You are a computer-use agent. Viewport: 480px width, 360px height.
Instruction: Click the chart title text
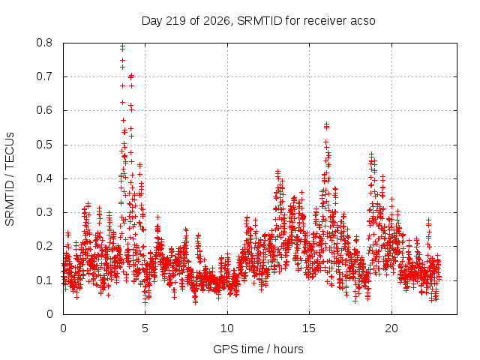click(258, 21)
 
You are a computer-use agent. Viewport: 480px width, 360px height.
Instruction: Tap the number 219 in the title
click(175, 21)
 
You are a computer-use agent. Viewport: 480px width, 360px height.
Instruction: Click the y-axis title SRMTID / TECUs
click(10, 179)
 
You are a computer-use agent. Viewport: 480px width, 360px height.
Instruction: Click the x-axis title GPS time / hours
click(258, 349)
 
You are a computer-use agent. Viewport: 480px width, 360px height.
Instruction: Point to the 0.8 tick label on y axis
click(44, 43)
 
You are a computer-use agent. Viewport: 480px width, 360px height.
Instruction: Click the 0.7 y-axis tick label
click(44, 76)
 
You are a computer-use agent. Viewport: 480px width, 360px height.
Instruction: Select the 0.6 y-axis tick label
click(44, 110)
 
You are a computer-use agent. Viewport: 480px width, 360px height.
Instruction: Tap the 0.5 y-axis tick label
click(44, 145)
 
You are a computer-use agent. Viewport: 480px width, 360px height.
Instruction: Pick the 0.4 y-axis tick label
click(44, 178)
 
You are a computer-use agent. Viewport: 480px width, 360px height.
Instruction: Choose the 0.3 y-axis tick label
click(44, 212)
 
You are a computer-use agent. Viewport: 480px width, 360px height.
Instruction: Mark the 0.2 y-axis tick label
click(44, 246)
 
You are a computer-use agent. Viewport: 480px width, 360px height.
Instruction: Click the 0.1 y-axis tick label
click(44, 280)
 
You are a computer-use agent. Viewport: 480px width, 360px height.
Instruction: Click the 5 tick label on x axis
click(145, 328)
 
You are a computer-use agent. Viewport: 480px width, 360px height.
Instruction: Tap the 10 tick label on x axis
click(227, 328)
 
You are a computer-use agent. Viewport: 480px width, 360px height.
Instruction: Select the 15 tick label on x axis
click(309, 328)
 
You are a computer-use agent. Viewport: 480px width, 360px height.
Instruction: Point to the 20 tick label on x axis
click(391, 328)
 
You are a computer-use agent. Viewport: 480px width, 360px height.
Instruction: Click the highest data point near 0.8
click(122, 46)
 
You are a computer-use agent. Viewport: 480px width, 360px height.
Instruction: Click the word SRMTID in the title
click(259, 21)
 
